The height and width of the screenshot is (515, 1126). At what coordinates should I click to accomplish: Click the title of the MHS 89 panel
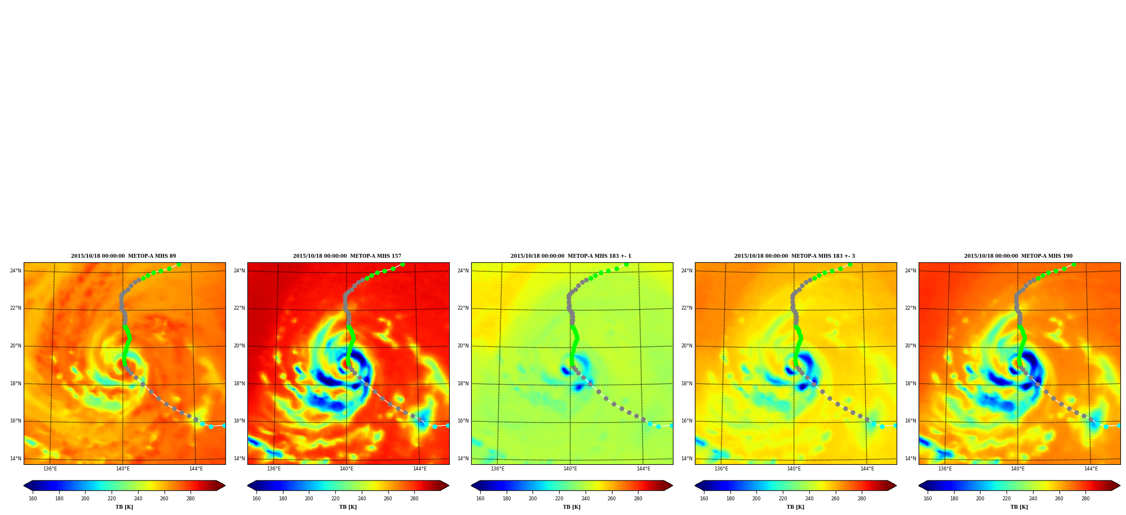[x=123, y=256]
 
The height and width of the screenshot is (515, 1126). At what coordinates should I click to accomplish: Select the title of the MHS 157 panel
[x=347, y=256]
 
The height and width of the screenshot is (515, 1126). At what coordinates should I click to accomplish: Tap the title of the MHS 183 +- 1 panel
[x=571, y=256]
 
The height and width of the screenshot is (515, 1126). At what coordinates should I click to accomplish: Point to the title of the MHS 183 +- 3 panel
[x=795, y=256]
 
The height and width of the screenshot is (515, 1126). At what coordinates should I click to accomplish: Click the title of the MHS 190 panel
[x=1018, y=256]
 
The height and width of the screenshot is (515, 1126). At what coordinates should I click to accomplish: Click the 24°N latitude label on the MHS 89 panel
[x=16, y=271]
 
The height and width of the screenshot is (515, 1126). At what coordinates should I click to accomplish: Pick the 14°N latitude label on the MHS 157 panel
[x=240, y=459]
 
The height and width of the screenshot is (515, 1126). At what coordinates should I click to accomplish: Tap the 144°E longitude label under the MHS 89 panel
[x=196, y=469]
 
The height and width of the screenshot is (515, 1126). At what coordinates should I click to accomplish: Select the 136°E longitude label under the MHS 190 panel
[x=945, y=469]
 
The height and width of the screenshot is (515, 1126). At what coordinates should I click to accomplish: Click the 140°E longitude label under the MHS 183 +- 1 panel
[x=570, y=469]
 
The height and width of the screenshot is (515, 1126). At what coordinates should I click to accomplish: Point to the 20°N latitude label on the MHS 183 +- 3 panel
[x=687, y=346]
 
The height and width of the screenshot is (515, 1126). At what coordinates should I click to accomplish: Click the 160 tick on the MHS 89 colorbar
[x=33, y=499]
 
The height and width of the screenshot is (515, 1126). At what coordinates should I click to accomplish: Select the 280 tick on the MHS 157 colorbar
[x=414, y=499]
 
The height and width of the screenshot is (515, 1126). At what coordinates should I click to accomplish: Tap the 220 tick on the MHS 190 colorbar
[x=1007, y=499]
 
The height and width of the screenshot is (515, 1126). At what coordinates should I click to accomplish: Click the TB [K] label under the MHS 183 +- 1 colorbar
[x=572, y=507]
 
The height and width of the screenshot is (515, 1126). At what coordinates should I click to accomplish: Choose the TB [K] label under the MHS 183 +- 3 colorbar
[x=796, y=507]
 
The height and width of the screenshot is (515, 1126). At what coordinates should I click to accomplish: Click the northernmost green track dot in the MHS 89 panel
[x=179, y=264]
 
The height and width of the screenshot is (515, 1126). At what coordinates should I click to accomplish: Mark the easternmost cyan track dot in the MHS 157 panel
[x=448, y=425]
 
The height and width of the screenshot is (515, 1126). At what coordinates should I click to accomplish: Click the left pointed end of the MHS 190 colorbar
[x=919, y=486]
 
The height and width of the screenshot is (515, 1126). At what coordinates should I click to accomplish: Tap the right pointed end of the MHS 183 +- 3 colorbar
[x=896, y=486]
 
